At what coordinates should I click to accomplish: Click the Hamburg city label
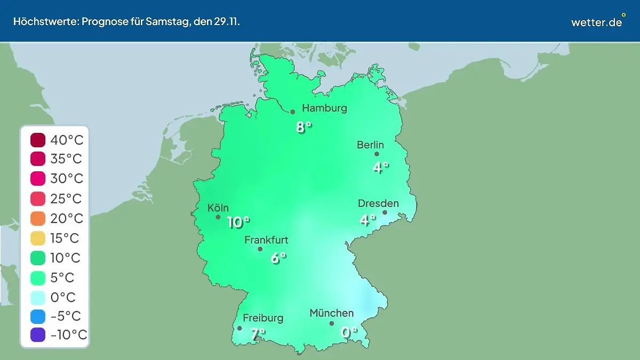point(324,108)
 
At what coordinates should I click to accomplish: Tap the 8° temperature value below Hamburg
point(303,127)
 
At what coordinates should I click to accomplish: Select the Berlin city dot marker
point(377,154)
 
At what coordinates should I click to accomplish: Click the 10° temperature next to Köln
point(238,222)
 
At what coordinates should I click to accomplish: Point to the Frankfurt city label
point(266,240)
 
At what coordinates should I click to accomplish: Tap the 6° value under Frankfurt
point(278,258)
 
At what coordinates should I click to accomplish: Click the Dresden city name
point(378,203)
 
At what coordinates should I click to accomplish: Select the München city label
point(331,313)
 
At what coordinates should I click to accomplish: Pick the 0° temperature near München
point(349,332)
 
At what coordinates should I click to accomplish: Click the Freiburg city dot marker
point(239,329)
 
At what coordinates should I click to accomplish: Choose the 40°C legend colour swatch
point(38,140)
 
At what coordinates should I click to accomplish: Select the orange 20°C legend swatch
point(38,219)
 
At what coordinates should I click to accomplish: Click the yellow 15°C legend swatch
point(38,238)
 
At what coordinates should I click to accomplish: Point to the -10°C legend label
point(68,335)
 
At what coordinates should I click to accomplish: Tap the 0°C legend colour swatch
point(38,297)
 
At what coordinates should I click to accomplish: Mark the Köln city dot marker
point(218,217)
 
